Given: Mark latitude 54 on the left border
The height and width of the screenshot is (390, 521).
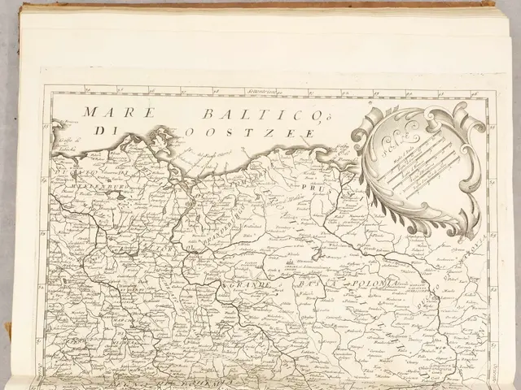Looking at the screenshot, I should point(46,214).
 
